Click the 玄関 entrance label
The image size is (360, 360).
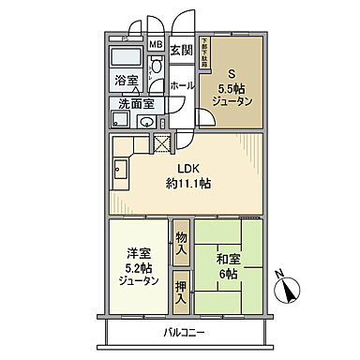click(181, 50)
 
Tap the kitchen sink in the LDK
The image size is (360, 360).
click(121, 170)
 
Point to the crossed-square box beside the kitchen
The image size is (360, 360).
click(162, 144)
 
